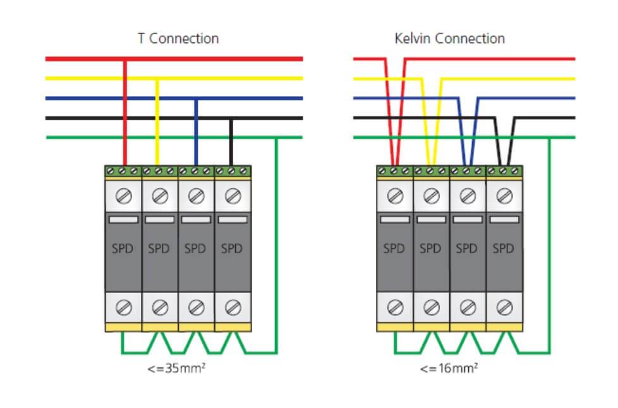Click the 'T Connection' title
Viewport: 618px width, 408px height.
click(x=178, y=38)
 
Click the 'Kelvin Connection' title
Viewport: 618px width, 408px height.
click(x=449, y=38)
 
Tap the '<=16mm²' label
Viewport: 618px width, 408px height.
click(x=449, y=368)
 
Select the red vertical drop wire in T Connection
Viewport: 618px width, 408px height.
click(x=124, y=114)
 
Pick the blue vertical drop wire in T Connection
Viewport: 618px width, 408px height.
click(x=196, y=133)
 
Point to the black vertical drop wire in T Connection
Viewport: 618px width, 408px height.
click(x=231, y=142)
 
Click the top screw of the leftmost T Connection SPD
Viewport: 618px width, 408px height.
click(x=124, y=197)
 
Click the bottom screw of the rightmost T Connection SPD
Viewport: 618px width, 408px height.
click(x=233, y=307)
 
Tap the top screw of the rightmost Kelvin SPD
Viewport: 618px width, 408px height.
click(x=504, y=197)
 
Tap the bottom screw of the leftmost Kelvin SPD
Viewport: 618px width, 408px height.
click(x=395, y=307)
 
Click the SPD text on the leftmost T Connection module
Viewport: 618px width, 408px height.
click(x=123, y=249)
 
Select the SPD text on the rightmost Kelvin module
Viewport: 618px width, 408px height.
click(x=504, y=249)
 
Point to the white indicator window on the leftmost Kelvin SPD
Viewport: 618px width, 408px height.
click(x=395, y=219)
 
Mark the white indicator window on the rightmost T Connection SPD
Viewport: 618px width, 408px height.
click(x=233, y=219)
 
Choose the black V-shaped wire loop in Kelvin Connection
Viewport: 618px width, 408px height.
click(x=505, y=139)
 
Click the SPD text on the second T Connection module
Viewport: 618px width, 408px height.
click(x=159, y=249)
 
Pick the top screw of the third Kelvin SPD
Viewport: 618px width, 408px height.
click(x=468, y=197)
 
